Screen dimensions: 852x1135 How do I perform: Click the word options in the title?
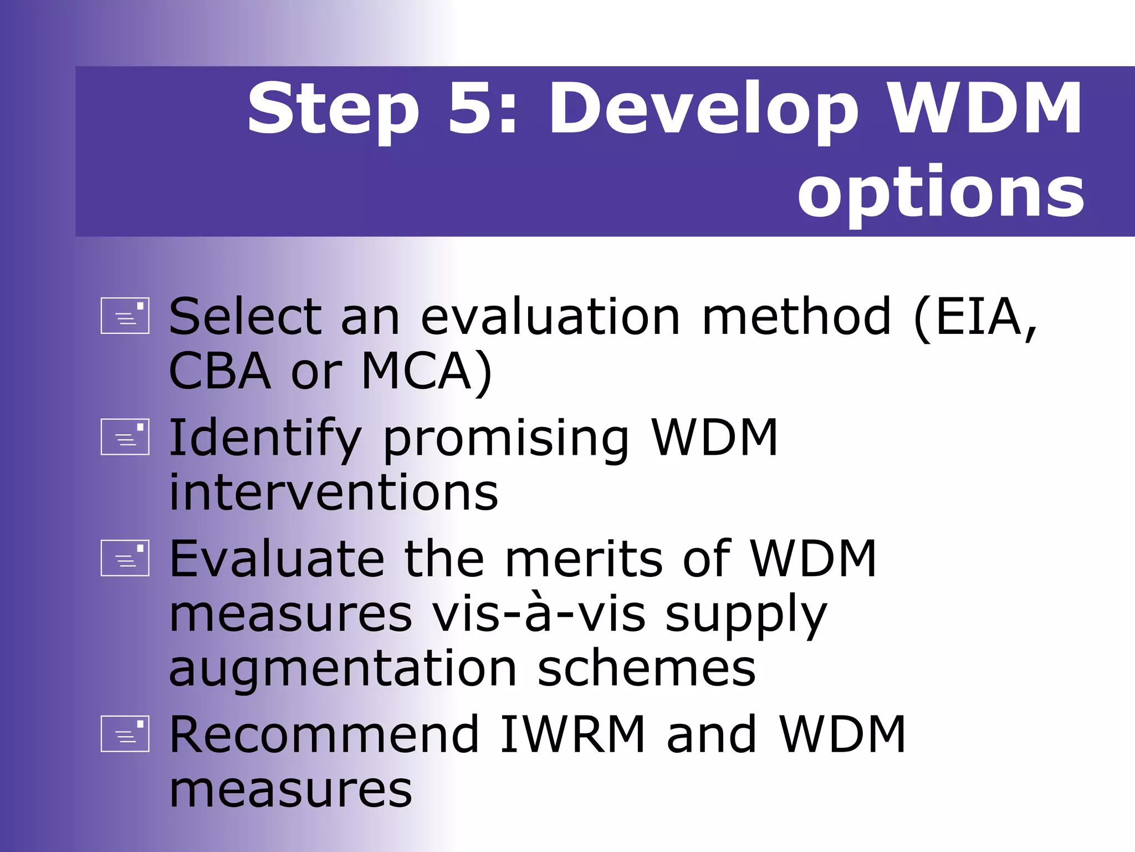(x=940, y=192)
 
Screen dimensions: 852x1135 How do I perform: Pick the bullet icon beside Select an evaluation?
(x=125, y=316)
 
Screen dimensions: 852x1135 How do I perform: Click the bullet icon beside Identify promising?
(x=125, y=437)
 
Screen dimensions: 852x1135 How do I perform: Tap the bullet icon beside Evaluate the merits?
(x=125, y=558)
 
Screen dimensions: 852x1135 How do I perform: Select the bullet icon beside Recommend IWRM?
(x=125, y=733)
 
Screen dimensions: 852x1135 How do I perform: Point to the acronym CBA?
(x=219, y=371)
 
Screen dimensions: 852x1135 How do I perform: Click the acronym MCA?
(x=417, y=371)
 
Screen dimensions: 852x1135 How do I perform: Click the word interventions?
(x=333, y=492)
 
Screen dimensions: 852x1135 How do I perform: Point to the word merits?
(x=584, y=559)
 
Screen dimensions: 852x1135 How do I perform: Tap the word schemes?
(x=646, y=668)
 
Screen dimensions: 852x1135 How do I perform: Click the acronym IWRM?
(x=572, y=734)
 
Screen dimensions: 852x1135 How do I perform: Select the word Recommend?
(x=324, y=734)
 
